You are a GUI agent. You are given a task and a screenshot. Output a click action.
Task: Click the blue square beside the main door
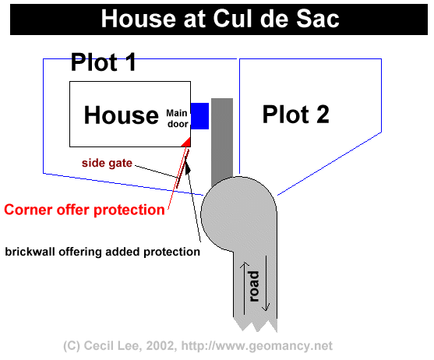[x=199, y=116]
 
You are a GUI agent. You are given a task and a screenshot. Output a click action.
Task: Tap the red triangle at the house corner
[x=187, y=143]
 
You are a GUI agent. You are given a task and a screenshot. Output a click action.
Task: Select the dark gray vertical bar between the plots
[x=222, y=142]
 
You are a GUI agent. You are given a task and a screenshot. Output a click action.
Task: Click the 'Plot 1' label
[x=104, y=62]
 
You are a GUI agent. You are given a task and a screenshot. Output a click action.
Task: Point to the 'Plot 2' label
[x=296, y=115]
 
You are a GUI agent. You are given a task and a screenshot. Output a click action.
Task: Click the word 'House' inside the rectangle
[x=122, y=115]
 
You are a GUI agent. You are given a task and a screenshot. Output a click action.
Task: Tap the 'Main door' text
[x=178, y=118]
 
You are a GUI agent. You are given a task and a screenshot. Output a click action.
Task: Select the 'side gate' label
[x=107, y=163]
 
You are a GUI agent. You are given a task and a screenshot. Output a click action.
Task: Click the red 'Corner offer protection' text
[x=84, y=210]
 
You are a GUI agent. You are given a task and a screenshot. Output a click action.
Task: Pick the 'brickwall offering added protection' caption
[x=102, y=252]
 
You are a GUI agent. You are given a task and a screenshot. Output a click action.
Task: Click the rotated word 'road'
[x=253, y=287]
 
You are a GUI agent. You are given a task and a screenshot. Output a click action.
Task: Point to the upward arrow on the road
[x=244, y=288]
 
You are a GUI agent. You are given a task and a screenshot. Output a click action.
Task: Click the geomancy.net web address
[x=257, y=346]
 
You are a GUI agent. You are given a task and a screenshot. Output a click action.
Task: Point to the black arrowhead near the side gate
[x=187, y=167]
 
